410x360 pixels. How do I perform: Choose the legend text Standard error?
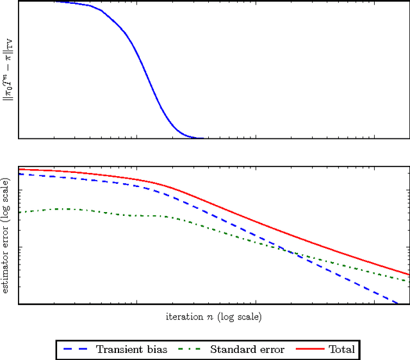pyautogui.click(x=247, y=349)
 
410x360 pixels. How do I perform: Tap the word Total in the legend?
pyautogui.click(x=341, y=349)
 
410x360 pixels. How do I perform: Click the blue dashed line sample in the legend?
pyautogui.click(x=76, y=349)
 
